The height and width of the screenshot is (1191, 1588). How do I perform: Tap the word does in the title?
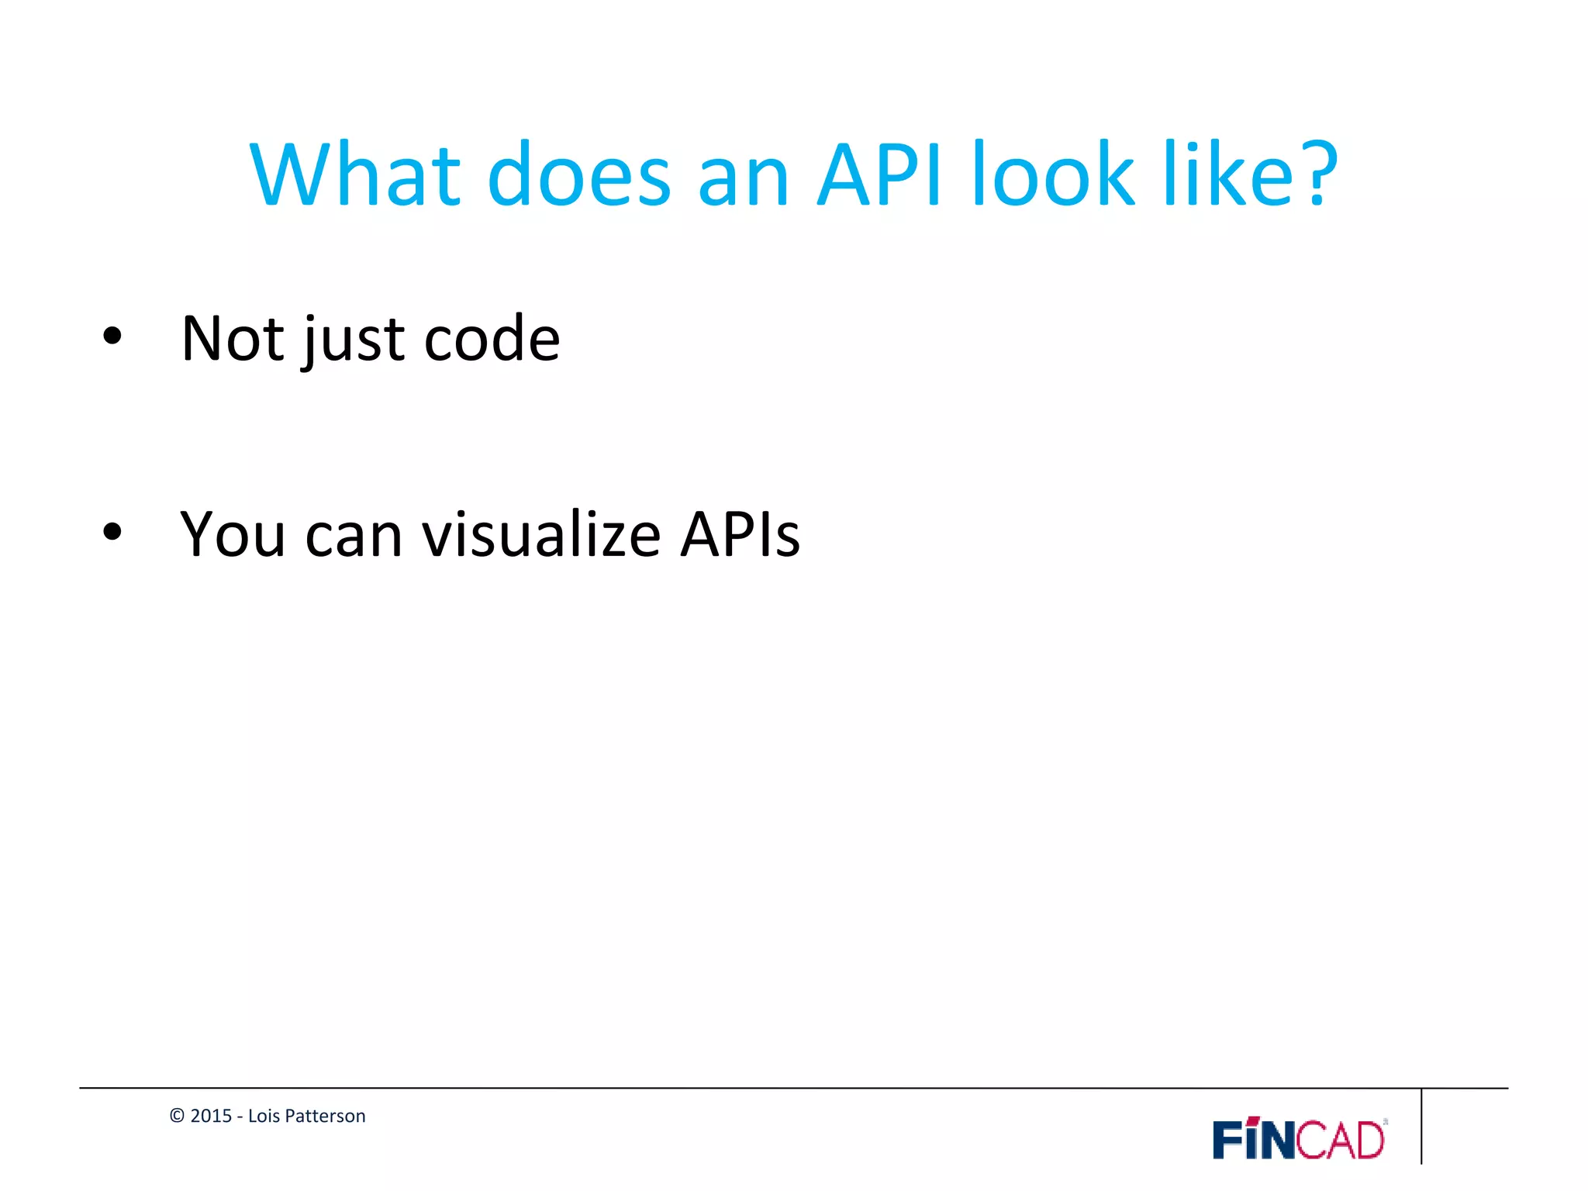(578, 175)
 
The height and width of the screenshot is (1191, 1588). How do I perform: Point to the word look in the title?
(1053, 175)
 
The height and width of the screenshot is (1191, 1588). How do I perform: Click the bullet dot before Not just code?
(112, 336)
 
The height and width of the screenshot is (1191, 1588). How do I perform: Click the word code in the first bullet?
(492, 339)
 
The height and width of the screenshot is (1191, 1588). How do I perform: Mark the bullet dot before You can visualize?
(112, 532)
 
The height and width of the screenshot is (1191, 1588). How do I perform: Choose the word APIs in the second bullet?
(740, 535)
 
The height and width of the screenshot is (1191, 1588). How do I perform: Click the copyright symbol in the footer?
(177, 1116)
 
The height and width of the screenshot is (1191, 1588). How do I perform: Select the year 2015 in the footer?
(211, 1116)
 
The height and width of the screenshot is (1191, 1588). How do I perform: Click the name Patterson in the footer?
(331, 1116)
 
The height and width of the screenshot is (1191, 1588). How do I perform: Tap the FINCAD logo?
(1299, 1139)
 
